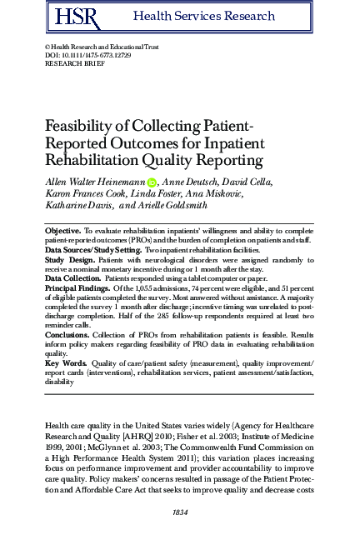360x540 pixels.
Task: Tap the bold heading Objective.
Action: (62, 228)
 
